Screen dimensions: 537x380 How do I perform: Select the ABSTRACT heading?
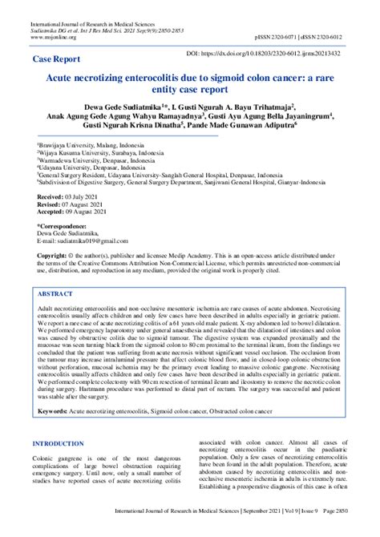click(x=58, y=293)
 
